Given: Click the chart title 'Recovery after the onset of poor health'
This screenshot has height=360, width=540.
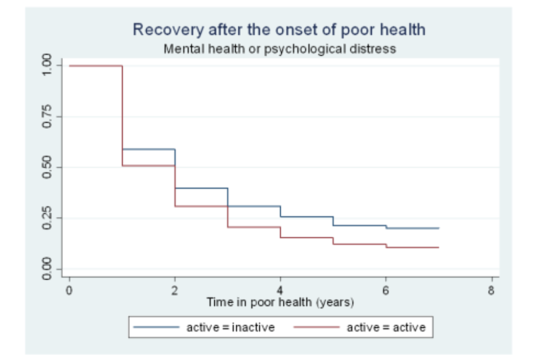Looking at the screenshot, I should coord(279,29).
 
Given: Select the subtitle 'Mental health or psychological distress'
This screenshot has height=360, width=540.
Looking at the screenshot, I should coord(280,49).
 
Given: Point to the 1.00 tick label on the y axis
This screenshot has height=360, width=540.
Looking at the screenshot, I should coord(47,66).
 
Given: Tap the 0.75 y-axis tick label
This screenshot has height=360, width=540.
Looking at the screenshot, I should coord(47,116).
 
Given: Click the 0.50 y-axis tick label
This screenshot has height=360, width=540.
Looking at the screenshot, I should coord(47,167).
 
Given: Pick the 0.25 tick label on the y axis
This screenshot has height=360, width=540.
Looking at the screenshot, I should coord(47,218).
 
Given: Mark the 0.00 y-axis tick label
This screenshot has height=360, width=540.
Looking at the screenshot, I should coord(47,268).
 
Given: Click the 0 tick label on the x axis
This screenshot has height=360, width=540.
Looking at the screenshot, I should coord(69,291).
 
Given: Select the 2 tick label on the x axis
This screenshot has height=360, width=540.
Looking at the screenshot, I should coord(175,291).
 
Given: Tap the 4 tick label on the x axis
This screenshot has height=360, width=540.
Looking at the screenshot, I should coord(280,291).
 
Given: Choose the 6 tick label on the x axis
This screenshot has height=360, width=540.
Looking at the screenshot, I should coord(386,291).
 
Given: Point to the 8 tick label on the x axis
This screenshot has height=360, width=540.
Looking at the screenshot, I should coord(492,291).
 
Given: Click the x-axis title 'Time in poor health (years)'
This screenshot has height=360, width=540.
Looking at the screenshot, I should coord(280,303).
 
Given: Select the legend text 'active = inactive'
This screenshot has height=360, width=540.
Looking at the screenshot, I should coord(231,327).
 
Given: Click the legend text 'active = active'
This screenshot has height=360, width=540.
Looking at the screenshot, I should coord(386,327).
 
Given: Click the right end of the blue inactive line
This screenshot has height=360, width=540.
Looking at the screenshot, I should coord(438,228).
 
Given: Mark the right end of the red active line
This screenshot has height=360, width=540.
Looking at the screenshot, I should coord(438,247).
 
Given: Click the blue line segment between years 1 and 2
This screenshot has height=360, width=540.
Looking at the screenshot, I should coord(148,149).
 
